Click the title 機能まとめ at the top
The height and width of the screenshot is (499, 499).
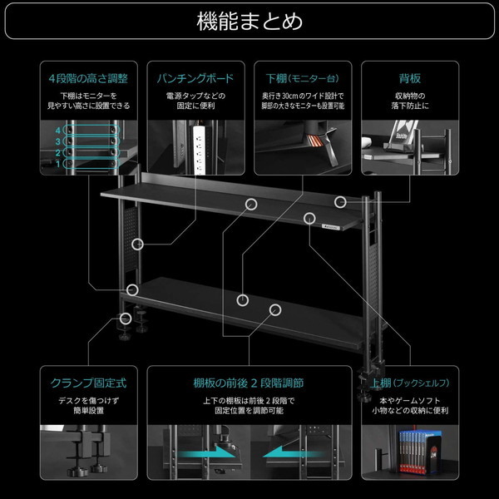point(249,20)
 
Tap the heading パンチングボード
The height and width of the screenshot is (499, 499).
point(196,79)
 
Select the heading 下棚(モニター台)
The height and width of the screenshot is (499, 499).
point(303,79)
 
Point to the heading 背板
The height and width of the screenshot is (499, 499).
point(410,79)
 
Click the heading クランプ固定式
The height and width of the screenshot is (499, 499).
point(88,383)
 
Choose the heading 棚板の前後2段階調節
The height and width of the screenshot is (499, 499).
point(249,383)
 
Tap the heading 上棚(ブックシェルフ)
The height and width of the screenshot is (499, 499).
point(410,383)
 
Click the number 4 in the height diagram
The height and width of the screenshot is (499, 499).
point(58,131)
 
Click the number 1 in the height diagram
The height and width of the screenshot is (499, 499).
point(58,164)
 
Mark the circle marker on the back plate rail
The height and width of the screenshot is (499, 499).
point(339,201)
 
